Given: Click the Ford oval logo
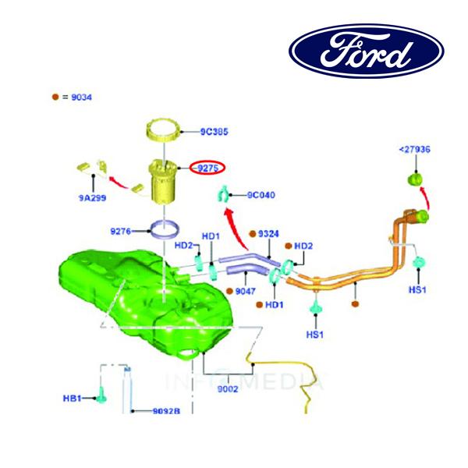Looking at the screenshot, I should pyautogui.click(x=366, y=51).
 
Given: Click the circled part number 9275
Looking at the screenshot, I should pyautogui.click(x=207, y=167).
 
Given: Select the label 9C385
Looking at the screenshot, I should pyautogui.click(x=214, y=132).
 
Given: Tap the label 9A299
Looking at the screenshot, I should pyautogui.click(x=92, y=198).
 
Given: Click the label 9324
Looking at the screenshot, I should pyautogui.click(x=269, y=233).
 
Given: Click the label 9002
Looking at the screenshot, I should pyautogui.click(x=229, y=388).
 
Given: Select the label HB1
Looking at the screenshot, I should pyautogui.click(x=73, y=399).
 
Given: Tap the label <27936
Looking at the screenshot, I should pyautogui.click(x=414, y=149).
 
